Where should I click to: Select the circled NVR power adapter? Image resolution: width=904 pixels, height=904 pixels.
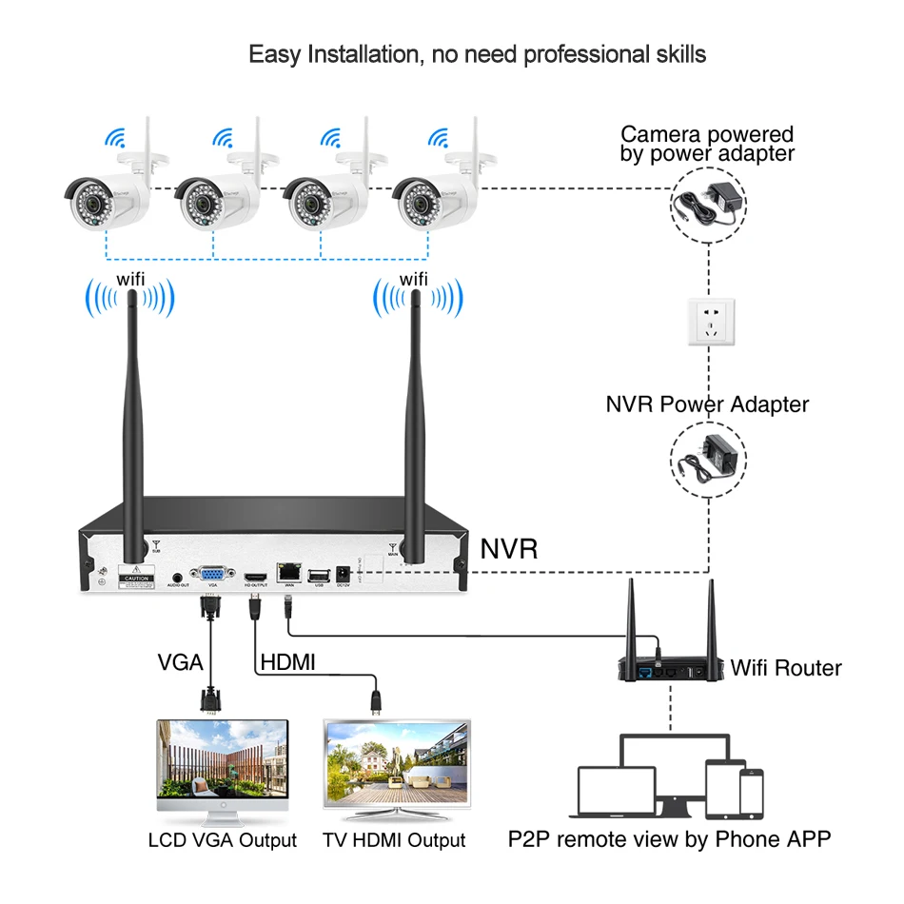(x=708, y=456)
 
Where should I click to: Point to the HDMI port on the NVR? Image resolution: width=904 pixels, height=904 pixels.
(x=255, y=577)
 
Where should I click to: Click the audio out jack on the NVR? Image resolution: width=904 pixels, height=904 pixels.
(x=178, y=577)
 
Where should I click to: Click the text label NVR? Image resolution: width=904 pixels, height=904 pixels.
(x=509, y=549)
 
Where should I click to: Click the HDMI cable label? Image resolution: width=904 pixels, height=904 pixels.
(x=287, y=661)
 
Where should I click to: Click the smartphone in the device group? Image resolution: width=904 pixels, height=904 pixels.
(x=752, y=792)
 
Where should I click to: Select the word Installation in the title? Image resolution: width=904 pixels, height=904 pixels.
(x=363, y=54)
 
